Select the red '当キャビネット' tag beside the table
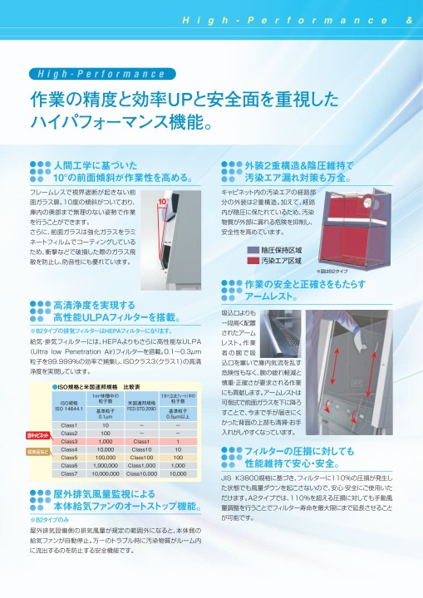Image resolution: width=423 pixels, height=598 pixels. click(36, 435)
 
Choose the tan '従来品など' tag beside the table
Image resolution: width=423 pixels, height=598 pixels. click(36, 452)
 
